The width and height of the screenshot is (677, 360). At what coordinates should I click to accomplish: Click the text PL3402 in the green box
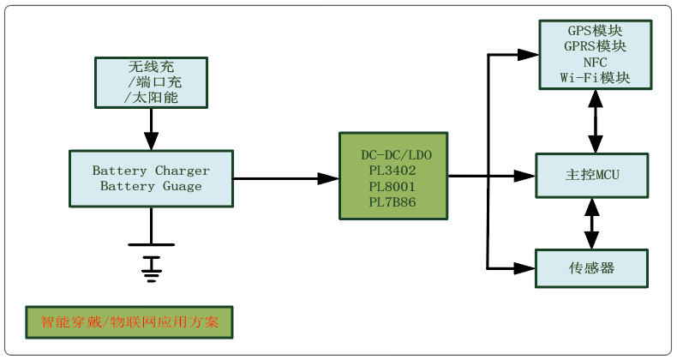(392, 171)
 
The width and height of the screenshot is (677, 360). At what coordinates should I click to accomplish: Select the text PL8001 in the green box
(392, 186)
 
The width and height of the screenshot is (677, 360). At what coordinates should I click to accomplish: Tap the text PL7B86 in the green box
(392, 201)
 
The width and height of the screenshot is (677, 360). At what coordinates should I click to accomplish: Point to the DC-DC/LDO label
(392, 155)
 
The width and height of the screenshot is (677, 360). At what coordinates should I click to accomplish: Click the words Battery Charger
(151, 171)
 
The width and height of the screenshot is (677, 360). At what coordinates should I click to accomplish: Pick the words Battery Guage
(151, 186)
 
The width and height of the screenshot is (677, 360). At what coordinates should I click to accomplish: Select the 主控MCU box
(592, 176)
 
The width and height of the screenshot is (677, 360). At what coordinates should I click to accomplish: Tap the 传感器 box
(592, 268)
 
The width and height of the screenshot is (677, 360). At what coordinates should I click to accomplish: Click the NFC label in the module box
(595, 62)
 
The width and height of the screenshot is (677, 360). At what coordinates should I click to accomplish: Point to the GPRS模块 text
(596, 46)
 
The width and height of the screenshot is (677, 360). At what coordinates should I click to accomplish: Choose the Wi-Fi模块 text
(596, 77)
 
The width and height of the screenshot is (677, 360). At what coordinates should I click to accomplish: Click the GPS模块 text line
(596, 31)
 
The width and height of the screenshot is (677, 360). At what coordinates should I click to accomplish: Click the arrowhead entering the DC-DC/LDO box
(330, 178)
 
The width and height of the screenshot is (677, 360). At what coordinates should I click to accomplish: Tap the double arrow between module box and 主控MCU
(592, 121)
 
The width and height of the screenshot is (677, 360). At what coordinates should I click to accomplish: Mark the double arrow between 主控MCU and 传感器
(592, 222)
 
